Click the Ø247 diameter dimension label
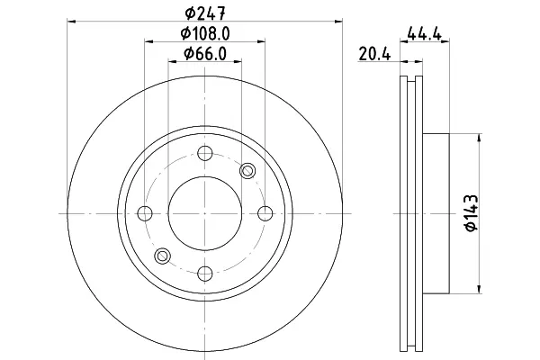[x=205, y=13]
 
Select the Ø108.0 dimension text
[x=205, y=34]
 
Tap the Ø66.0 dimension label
[x=205, y=54]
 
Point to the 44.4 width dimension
[x=424, y=34]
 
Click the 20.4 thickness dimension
[x=374, y=54]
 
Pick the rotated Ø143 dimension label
[x=472, y=213]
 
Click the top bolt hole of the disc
[x=205, y=153]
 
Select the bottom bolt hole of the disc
[x=205, y=274]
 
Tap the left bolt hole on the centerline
[x=145, y=213]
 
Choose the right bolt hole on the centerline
[x=265, y=213]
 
